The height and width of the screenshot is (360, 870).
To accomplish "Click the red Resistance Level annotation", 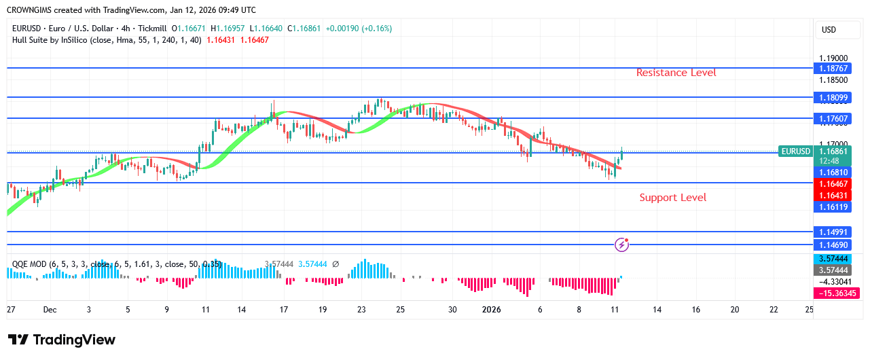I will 676,73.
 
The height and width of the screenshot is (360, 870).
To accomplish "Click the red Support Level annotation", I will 672,198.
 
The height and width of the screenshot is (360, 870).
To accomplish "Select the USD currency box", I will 829,30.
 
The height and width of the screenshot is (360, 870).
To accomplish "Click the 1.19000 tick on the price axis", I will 832,58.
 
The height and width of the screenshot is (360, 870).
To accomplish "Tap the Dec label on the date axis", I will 50,309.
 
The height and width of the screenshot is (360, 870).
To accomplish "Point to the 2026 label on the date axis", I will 491,309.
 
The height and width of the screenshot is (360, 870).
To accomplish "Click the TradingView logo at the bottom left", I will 62,340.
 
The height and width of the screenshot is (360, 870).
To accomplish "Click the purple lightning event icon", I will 621,244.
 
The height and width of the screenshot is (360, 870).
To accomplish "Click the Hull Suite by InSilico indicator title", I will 58,40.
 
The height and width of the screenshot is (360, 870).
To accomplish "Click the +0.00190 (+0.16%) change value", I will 359,29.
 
